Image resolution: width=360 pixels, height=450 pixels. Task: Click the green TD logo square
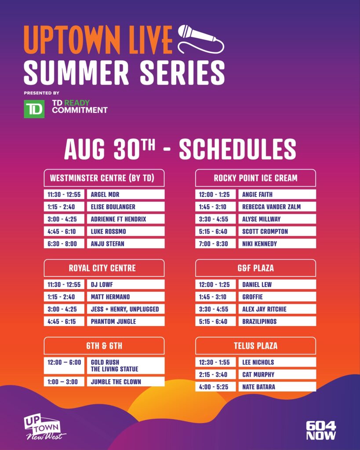[x=34, y=109]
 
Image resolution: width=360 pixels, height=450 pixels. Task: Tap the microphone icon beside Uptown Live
[x=201, y=39]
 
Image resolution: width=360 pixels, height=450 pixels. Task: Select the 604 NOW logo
[x=321, y=431]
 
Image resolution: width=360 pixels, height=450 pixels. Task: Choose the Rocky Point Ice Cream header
[x=255, y=178]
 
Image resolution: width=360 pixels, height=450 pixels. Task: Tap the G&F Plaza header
[x=255, y=268]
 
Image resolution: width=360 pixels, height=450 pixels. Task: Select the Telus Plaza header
[x=255, y=345]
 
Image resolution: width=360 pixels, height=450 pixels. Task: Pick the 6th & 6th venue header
[x=104, y=345]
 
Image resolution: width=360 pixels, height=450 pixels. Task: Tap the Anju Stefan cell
[x=126, y=243]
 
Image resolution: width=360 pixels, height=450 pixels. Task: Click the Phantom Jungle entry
[x=126, y=321]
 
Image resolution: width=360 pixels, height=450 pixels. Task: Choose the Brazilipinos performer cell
[x=277, y=321]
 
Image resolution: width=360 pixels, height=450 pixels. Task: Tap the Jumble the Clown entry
[x=126, y=382]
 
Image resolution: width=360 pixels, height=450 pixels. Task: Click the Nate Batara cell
[x=277, y=387]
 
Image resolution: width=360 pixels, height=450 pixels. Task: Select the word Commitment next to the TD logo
[x=80, y=110]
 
